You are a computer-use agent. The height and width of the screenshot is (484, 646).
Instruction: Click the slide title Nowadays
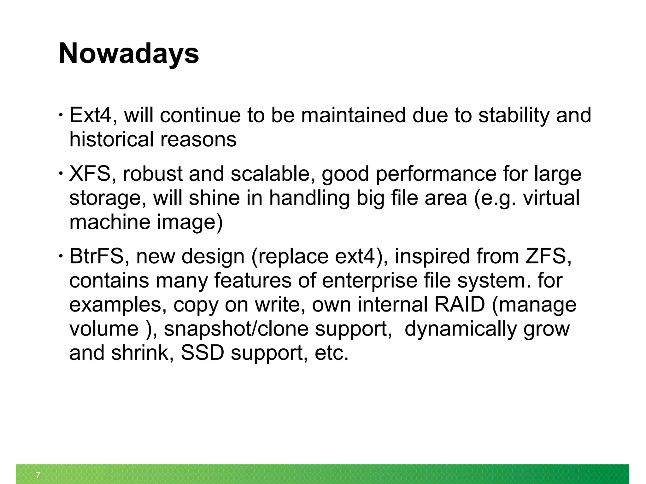(129, 53)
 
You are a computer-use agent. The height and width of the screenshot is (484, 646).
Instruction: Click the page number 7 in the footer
(38, 475)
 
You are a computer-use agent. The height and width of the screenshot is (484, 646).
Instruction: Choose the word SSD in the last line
(202, 353)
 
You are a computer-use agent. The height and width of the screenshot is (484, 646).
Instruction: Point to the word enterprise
(369, 280)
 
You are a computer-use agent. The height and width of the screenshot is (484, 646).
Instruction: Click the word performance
(436, 174)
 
